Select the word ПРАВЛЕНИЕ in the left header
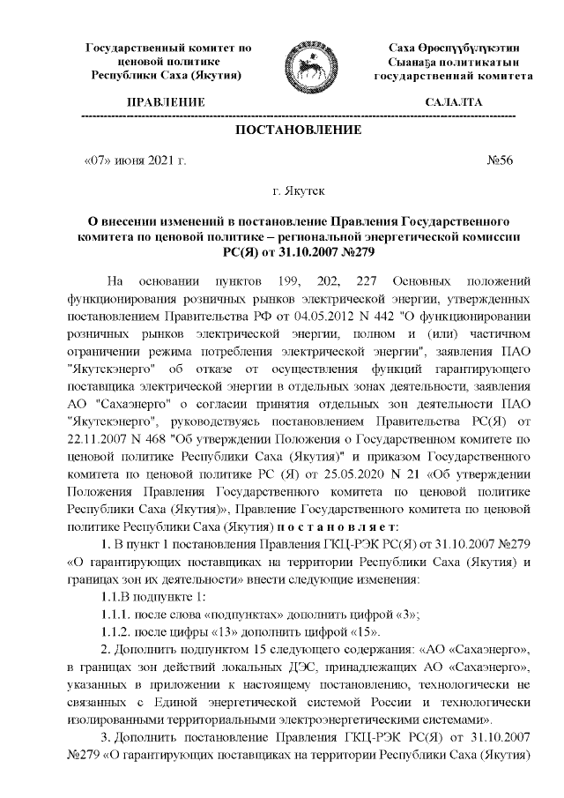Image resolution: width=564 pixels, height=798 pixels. [167, 103]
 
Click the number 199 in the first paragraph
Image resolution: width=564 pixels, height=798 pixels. [317, 281]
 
